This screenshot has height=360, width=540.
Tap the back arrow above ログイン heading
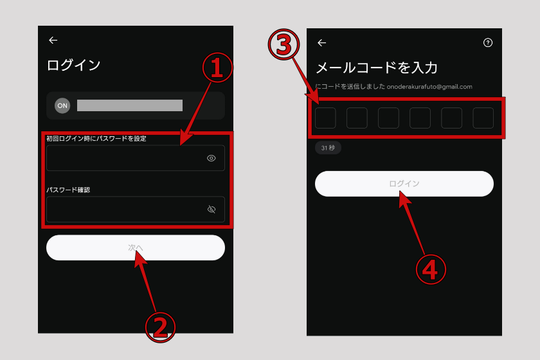click(53, 40)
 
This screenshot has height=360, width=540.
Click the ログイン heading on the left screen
click(73, 65)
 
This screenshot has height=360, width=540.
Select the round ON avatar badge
click(62, 106)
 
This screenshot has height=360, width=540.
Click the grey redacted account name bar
click(130, 105)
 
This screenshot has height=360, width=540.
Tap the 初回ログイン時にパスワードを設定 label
click(96, 138)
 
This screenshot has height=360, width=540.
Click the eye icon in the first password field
click(211, 158)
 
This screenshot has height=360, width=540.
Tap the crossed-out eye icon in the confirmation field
click(212, 209)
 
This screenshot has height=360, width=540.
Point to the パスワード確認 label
click(68, 190)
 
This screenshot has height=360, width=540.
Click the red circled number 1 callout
click(217, 67)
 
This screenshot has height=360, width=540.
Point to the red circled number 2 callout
click(160, 327)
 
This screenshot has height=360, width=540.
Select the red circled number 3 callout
click(283, 45)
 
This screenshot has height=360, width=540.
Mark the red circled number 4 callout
click(431, 269)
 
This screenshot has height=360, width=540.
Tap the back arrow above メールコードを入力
click(321, 42)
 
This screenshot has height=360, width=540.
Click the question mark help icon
click(488, 42)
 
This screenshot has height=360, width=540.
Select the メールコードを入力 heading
click(377, 67)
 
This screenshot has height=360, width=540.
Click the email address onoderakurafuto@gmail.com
click(429, 87)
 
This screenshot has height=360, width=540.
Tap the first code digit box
click(325, 118)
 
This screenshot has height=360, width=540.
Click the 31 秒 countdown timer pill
click(328, 148)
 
